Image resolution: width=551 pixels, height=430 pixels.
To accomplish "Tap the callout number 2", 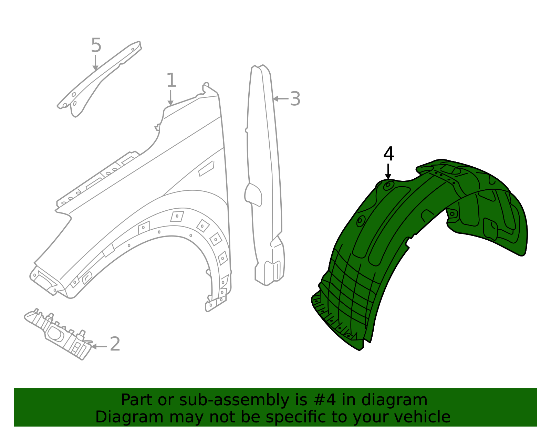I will click(115, 344).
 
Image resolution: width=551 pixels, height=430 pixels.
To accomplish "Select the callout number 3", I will click(295, 99).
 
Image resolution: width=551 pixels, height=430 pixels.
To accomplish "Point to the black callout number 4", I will click(389, 154).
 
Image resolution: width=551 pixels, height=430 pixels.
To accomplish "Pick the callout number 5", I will click(96, 45).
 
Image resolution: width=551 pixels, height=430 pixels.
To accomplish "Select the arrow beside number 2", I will click(99, 346).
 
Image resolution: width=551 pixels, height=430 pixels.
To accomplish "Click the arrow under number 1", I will click(170, 98).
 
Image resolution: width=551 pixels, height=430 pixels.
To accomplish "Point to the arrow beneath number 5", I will click(95, 63).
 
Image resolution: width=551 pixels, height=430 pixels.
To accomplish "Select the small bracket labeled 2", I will click(59, 334).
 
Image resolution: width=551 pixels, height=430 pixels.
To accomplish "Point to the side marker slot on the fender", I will click(206, 168).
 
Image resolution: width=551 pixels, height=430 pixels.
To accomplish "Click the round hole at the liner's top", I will click(388, 185).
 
